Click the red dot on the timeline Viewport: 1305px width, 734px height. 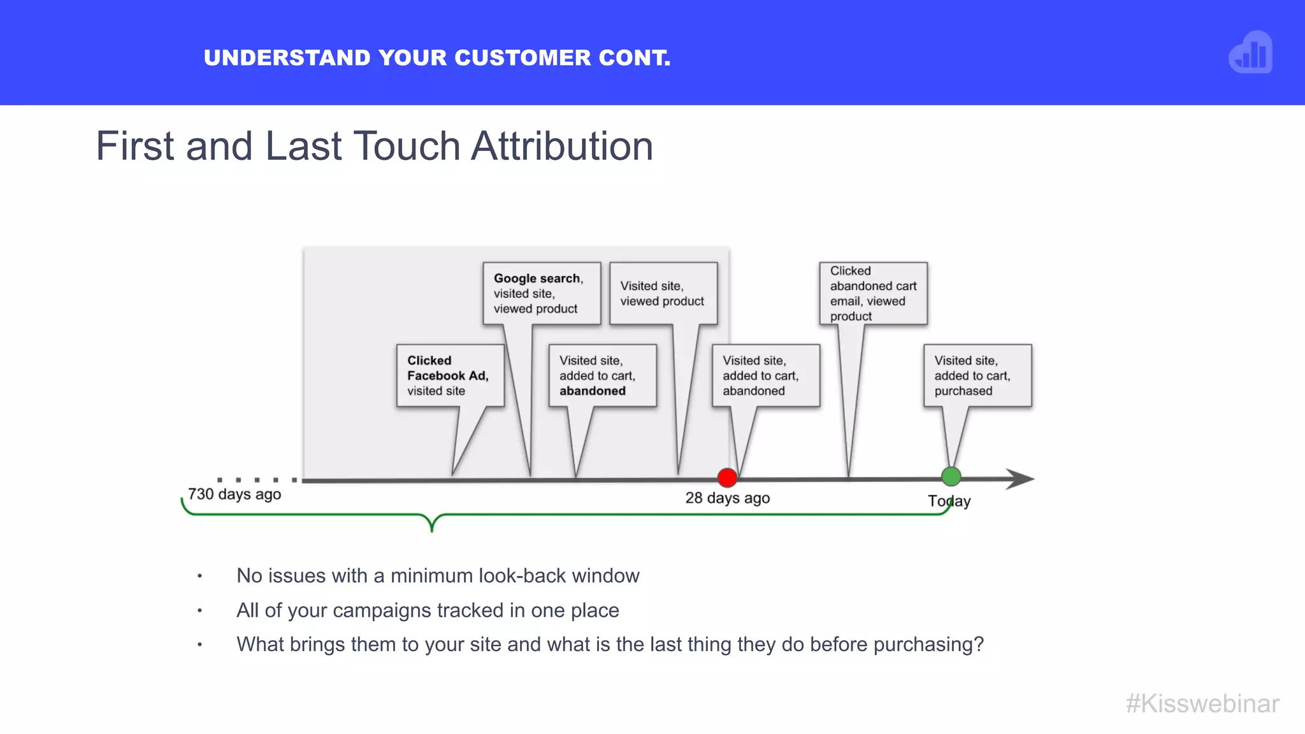tap(727, 477)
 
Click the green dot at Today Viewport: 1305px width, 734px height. tap(951, 476)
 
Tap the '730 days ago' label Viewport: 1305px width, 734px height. tap(234, 494)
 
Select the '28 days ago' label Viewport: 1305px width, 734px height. tap(727, 498)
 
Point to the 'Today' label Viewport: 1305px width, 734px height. tap(949, 501)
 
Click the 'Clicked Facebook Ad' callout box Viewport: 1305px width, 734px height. tap(450, 376)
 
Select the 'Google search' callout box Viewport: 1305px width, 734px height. tap(541, 294)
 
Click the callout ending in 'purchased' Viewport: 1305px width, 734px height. tap(977, 376)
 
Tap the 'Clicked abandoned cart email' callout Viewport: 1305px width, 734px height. tap(873, 294)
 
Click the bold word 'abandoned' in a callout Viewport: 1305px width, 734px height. tap(593, 391)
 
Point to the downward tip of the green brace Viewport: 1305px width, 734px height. tap(432, 528)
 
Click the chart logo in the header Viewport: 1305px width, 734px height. tap(1250, 52)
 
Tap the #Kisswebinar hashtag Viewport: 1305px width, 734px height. tap(1202, 704)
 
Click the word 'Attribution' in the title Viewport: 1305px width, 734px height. tap(562, 146)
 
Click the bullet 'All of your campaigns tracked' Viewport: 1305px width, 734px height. tap(428, 610)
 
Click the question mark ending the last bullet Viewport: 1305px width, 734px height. tap(978, 644)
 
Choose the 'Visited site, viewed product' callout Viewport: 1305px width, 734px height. tap(663, 294)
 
